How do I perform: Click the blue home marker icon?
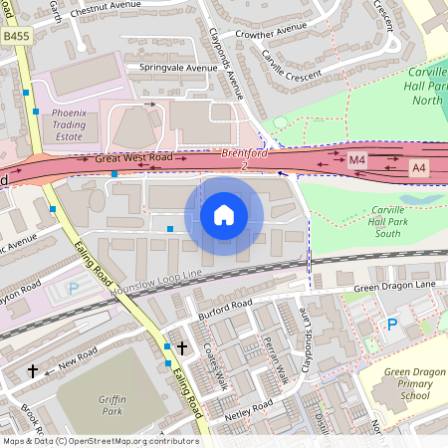224,215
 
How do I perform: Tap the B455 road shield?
15,36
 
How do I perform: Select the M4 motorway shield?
357,160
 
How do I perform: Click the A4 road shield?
418,170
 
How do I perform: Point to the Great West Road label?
133,158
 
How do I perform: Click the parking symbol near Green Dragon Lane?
391,325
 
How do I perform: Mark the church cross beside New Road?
33,370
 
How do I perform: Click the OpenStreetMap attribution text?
100,441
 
